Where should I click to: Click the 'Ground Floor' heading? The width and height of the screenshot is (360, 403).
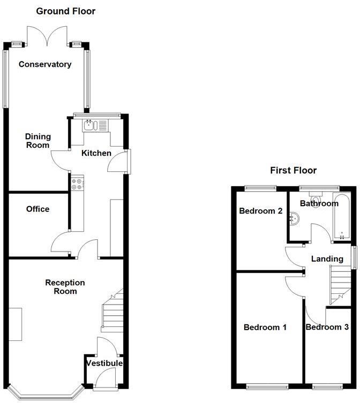pyautogui.click(x=65, y=11)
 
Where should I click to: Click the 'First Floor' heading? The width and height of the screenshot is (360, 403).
pyautogui.click(x=293, y=171)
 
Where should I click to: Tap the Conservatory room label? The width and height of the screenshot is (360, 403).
pyautogui.click(x=45, y=65)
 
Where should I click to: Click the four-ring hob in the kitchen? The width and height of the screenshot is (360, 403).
pyautogui.click(x=77, y=184)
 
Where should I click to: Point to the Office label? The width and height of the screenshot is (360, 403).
pyautogui.click(x=37, y=209)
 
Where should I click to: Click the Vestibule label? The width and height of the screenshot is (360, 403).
pyautogui.click(x=105, y=363)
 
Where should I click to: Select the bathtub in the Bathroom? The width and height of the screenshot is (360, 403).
pyautogui.click(x=342, y=218)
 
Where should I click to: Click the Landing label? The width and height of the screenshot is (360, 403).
pyautogui.click(x=327, y=259)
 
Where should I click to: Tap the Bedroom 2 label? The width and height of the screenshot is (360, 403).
pyautogui.click(x=260, y=211)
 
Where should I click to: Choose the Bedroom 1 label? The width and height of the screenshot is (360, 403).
pyautogui.click(x=265, y=328)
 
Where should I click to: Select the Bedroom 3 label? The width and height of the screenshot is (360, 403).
pyautogui.click(x=331, y=328)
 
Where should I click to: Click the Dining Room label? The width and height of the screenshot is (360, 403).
pyautogui.click(x=37, y=141)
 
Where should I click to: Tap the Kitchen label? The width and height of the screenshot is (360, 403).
pyautogui.click(x=96, y=154)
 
